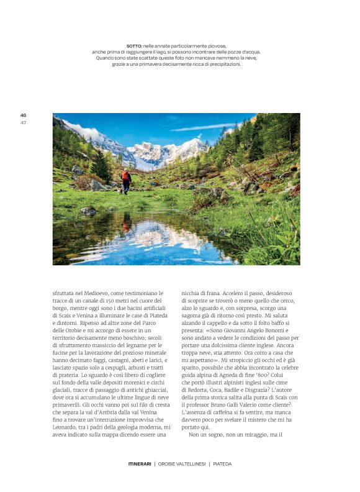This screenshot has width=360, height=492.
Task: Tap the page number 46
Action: (x=23, y=115)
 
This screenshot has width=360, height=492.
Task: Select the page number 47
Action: (x=23, y=122)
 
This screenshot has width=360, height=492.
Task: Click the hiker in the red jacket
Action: (x=126, y=180)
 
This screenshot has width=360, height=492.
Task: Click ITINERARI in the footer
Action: (x=139, y=463)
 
